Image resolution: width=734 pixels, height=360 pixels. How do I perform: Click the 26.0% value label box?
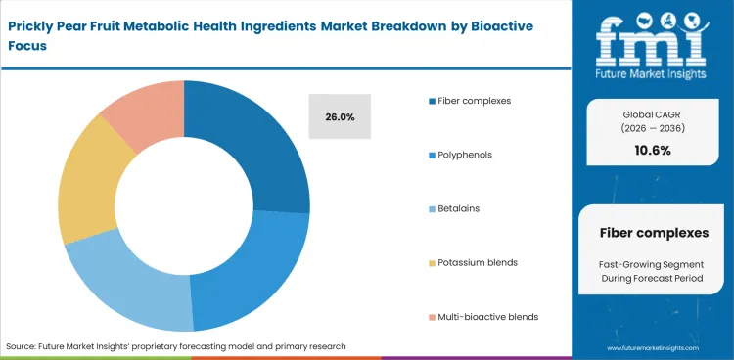point(340,117)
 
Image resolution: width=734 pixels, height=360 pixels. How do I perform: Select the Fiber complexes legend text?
point(475,101)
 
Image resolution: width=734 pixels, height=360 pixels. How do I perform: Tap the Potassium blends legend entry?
point(479,262)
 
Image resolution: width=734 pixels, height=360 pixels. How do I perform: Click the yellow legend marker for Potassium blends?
point(431,262)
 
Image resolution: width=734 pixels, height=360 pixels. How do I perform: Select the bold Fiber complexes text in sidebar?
point(652,232)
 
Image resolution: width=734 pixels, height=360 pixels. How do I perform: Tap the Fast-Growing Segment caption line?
point(652,265)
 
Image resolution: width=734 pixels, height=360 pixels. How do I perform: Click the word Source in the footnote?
point(23,346)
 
